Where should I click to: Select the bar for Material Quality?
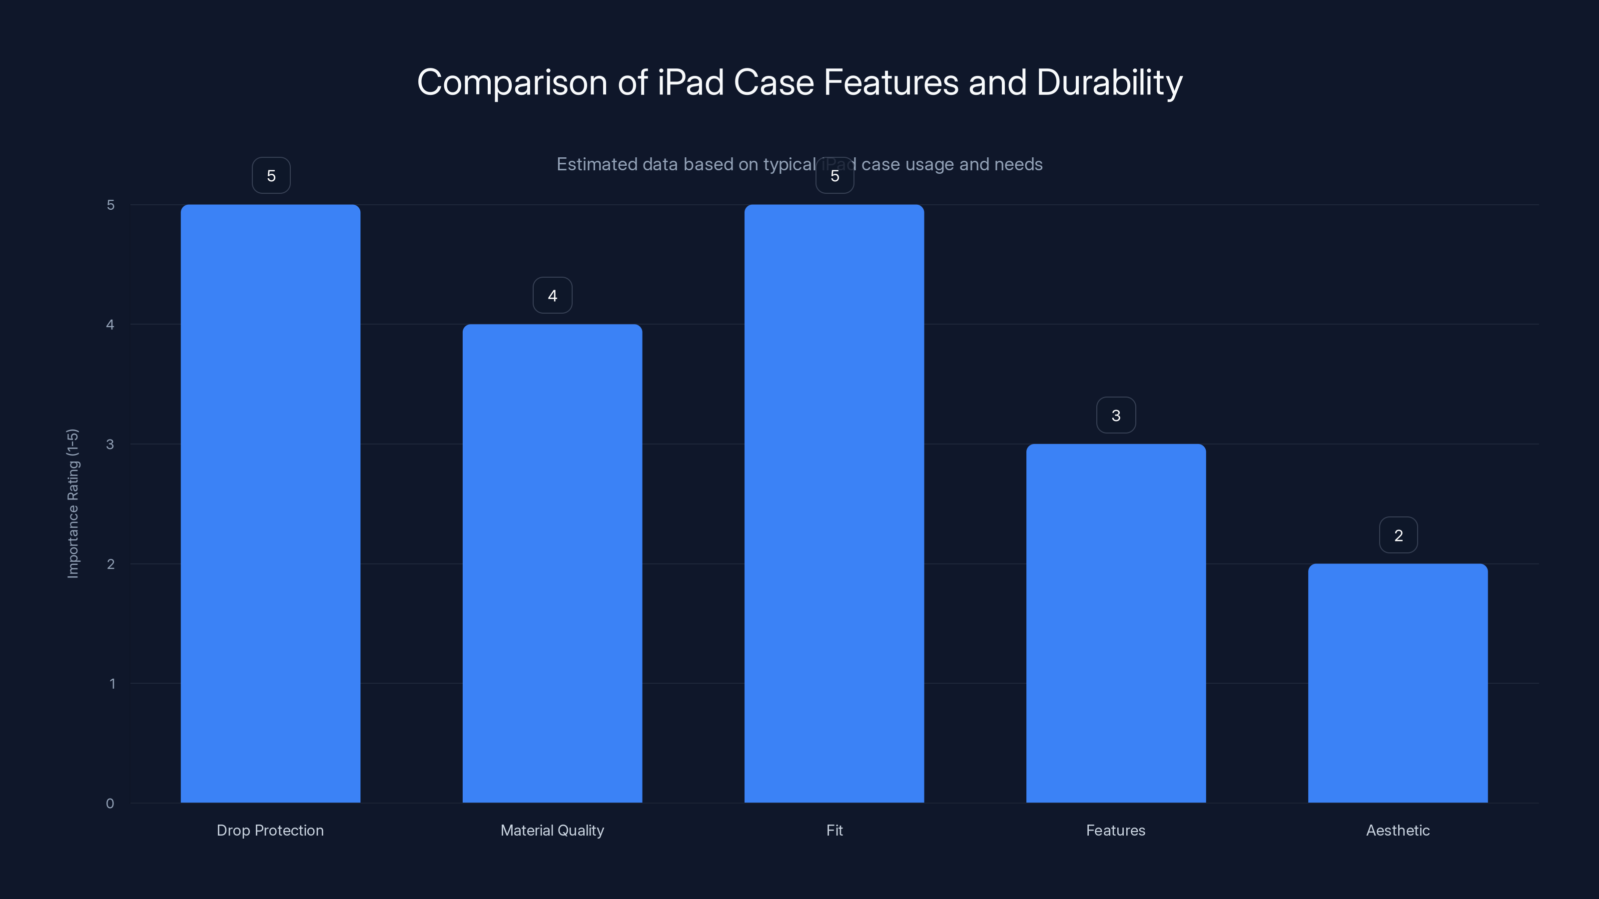(552, 563)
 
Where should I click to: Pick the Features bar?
(1115, 623)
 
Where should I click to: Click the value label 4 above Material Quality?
(552, 295)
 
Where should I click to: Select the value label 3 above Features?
(1115, 415)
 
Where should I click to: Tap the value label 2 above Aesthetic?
(1398, 535)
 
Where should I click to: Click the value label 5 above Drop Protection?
(271, 176)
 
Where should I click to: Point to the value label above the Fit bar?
(834, 176)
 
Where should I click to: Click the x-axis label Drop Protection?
(270, 830)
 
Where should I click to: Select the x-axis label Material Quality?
(552, 830)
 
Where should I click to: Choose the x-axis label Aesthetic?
(1397, 830)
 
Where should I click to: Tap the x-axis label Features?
(1115, 830)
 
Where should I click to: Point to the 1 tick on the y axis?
(112, 684)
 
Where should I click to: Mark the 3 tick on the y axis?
(110, 444)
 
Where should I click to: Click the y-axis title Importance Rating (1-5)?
(72, 503)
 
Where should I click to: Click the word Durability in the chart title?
(1109, 82)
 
